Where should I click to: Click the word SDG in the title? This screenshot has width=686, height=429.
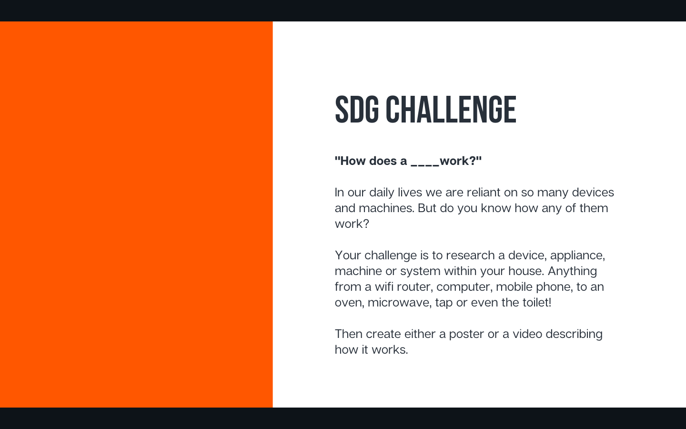click(x=357, y=110)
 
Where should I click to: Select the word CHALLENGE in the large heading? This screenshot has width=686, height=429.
click(x=451, y=110)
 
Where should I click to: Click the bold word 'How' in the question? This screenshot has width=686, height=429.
click(x=353, y=161)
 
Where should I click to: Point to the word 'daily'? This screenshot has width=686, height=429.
click(x=382, y=193)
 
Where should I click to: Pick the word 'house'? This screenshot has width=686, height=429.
click(x=526, y=271)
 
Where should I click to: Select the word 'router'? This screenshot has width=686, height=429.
click(x=414, y=287)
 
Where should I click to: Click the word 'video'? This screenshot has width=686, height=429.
click(x=527, y=334)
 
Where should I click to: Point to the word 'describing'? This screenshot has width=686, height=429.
click(x=574, y=334)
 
